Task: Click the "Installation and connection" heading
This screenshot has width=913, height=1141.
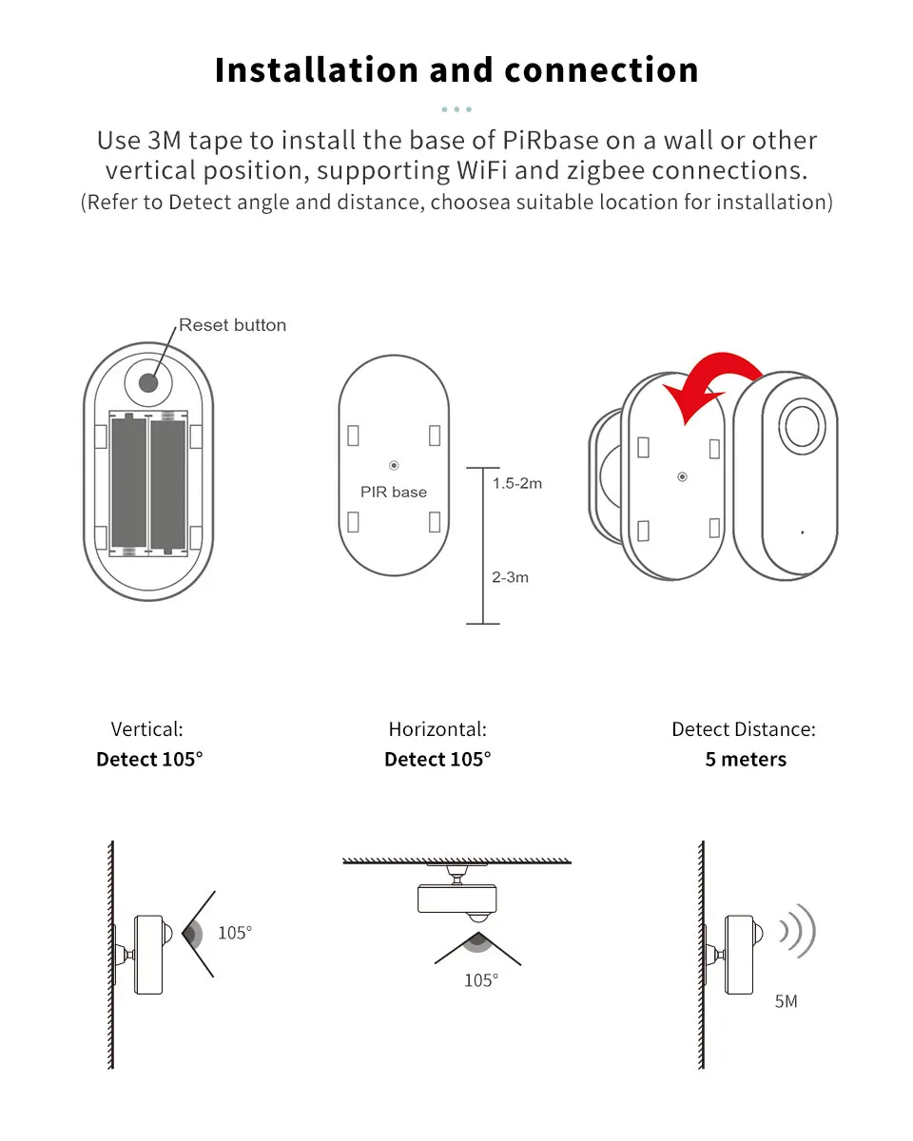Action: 456,70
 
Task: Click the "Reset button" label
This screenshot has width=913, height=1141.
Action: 232,325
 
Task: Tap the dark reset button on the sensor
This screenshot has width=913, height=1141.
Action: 147,382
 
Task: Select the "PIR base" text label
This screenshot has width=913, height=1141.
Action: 394,492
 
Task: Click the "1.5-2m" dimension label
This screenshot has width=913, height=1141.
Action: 517,483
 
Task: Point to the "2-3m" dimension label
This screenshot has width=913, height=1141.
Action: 511,577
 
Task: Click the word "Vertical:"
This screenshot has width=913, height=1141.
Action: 147,729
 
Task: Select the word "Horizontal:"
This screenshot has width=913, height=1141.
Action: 437,729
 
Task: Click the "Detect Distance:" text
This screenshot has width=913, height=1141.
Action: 744,729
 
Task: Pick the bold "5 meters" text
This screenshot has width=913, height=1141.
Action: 746,760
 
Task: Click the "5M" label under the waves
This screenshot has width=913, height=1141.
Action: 786,1001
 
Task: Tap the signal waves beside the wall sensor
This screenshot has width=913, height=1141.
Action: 797,931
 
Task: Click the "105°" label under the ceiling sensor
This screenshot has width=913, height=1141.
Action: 481,980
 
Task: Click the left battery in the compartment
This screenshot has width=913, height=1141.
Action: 129,483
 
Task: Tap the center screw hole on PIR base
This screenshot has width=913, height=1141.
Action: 394,465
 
